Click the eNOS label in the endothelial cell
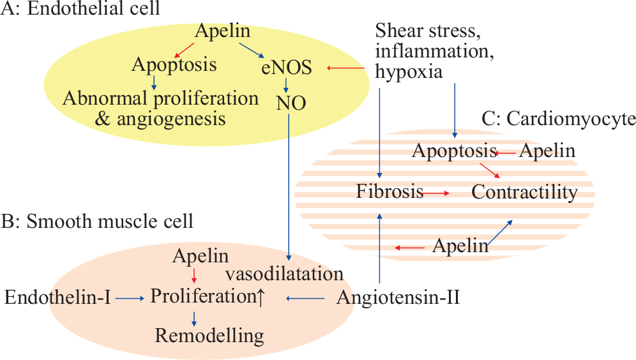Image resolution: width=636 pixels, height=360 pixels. point(287,67)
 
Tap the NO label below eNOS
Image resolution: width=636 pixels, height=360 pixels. point(291,103)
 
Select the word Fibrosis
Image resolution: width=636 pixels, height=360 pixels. point(390,191)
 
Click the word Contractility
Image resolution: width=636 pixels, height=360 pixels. point(524,192)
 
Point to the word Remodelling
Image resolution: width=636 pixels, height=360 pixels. point(209,336)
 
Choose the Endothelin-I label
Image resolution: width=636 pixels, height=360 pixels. point(57,297)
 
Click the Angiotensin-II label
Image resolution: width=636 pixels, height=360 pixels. point(398,297)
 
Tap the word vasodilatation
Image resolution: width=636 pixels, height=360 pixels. point(284,274)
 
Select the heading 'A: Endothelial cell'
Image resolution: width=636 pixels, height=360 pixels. point(80,8)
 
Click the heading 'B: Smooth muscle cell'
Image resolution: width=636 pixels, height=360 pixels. point(97,221)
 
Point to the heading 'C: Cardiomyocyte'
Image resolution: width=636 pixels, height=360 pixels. point(559,119)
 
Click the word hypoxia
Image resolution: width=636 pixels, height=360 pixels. point(409,71)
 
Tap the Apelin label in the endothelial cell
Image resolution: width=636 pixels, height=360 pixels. point(223,31)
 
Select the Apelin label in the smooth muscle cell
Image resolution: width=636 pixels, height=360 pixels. point(201,256)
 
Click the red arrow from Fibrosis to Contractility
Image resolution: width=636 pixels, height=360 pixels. point(436,194)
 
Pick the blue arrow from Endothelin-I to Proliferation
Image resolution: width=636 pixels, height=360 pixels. point(130,299)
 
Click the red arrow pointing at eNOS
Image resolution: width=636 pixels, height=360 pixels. point(345,68)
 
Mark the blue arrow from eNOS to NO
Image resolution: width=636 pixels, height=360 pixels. point(286,85)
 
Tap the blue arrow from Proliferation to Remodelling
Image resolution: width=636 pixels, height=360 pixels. point(194,319)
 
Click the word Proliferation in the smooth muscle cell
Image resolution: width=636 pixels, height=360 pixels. point(203,296)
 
